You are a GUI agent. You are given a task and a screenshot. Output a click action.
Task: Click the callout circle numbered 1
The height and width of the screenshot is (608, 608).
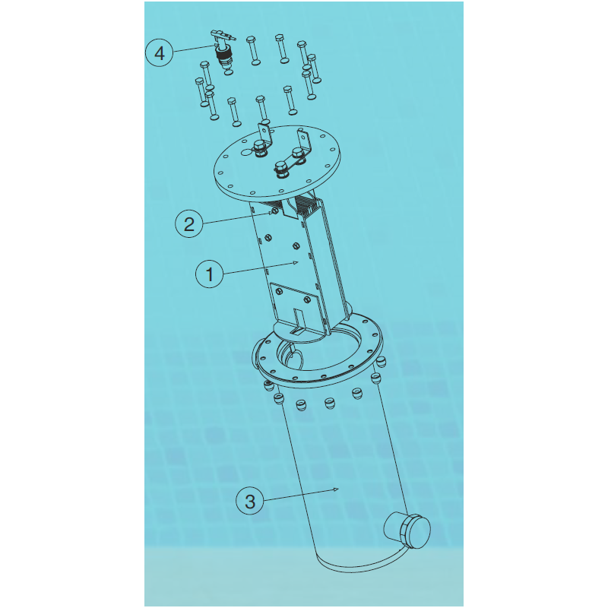pyautogui.click(x=210, y=274)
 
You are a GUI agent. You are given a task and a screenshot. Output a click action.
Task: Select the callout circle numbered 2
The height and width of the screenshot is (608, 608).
pyautogui.click(x=188, y=223)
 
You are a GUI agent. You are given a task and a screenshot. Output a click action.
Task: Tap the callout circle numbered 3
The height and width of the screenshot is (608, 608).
pyautogui.click(x=250, y=501)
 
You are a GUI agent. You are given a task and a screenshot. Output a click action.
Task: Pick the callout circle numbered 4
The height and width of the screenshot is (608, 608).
pyautogui.click(x=160, y=52)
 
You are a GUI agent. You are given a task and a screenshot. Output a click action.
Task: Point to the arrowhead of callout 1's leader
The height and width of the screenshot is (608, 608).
pyautogui.click(x=296, y=263)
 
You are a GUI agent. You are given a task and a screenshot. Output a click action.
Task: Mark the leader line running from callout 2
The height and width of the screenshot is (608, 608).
pyautogui.click(x=236, y=218)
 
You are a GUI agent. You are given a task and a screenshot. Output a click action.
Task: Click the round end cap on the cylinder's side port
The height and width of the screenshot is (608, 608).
pyautogui.click(x=416, y=532)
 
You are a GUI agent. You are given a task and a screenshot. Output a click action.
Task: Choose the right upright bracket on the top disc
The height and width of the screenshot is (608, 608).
pyautogui.click(x=305, y=142)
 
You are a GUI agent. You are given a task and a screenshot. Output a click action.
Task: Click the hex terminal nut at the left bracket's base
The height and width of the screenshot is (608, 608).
pyautogui.click(x=259, y=148)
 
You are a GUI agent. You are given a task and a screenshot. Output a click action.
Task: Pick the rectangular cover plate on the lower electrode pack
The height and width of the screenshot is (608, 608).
pyautogui.click(x=296, y=306)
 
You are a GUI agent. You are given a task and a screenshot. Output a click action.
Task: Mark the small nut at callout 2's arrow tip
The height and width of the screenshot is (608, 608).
pyautogui.click(x=274, y=211)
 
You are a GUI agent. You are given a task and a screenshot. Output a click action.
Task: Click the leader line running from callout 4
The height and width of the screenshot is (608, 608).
pyautogui.click(x=193, y=49)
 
